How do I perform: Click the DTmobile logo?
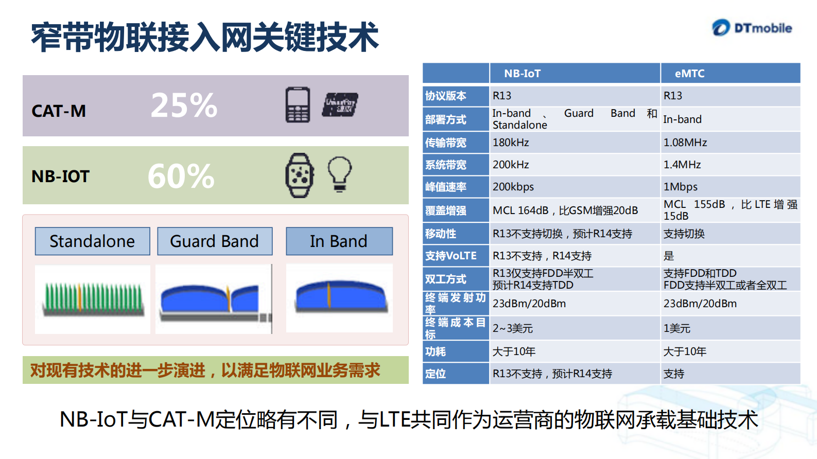752,28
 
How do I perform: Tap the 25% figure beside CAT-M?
184,105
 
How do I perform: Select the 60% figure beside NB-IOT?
181,176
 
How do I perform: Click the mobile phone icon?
298,105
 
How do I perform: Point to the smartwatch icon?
300,175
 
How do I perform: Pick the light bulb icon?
340,174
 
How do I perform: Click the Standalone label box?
92,241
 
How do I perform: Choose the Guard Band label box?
214,241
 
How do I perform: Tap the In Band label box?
339,241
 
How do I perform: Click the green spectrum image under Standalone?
93,299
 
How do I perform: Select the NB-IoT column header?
523,74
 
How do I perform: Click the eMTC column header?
689,74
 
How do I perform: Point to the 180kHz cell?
511,143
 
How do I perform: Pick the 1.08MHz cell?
685,143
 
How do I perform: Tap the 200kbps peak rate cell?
513,187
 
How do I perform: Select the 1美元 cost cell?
676,328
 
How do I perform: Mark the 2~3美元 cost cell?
513,328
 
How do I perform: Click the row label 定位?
436,374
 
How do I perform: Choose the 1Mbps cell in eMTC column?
680,187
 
